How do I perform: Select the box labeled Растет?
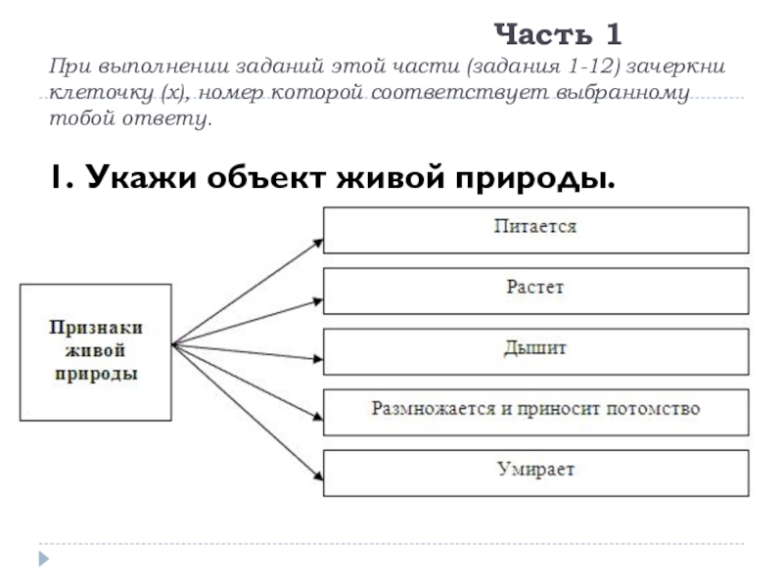click(535, 291)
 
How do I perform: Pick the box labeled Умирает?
click(535, 472)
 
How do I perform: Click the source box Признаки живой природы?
click(96, 352)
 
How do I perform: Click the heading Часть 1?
click(558, 36)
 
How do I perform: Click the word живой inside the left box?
click(96, 352)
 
